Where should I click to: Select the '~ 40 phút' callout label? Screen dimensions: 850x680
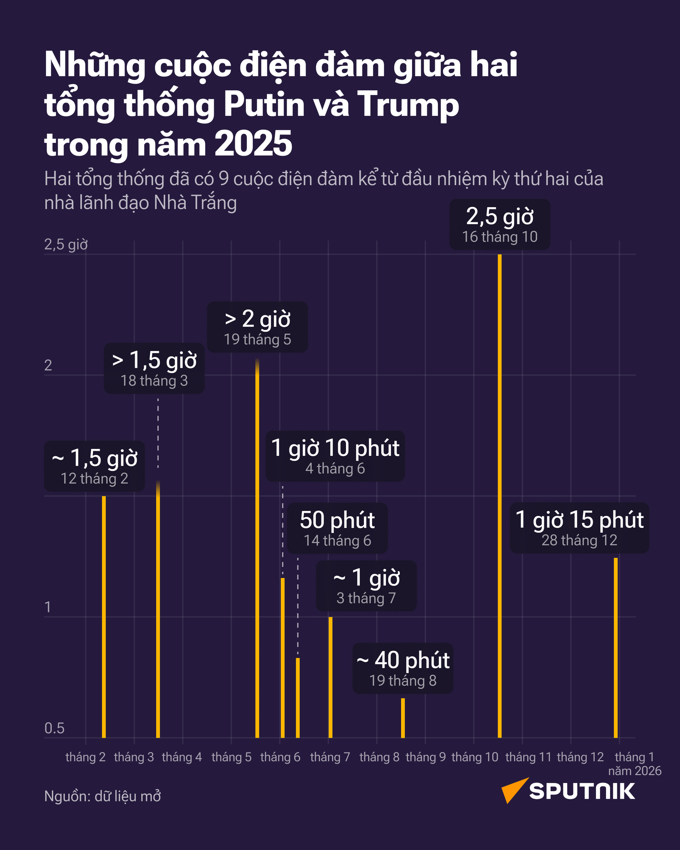tap(402, 668)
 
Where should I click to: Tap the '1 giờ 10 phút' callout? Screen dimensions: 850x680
tap(335, 456)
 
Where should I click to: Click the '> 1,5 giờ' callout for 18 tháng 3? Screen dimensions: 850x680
tap(154, 368)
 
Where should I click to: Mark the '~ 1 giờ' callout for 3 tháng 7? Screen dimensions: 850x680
tap(366, 586)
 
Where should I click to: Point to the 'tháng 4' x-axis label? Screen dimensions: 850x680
tap(182, 757)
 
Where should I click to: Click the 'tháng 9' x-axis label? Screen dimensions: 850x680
tap(426, 757)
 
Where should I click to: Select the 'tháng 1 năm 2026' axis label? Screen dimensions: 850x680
tap(634, 764)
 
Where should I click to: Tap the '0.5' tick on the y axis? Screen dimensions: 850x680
tap(54, 728)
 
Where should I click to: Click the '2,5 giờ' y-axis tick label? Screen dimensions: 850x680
tap(66, 244)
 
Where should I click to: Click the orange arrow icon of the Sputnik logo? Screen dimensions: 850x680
tap(513, 790)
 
